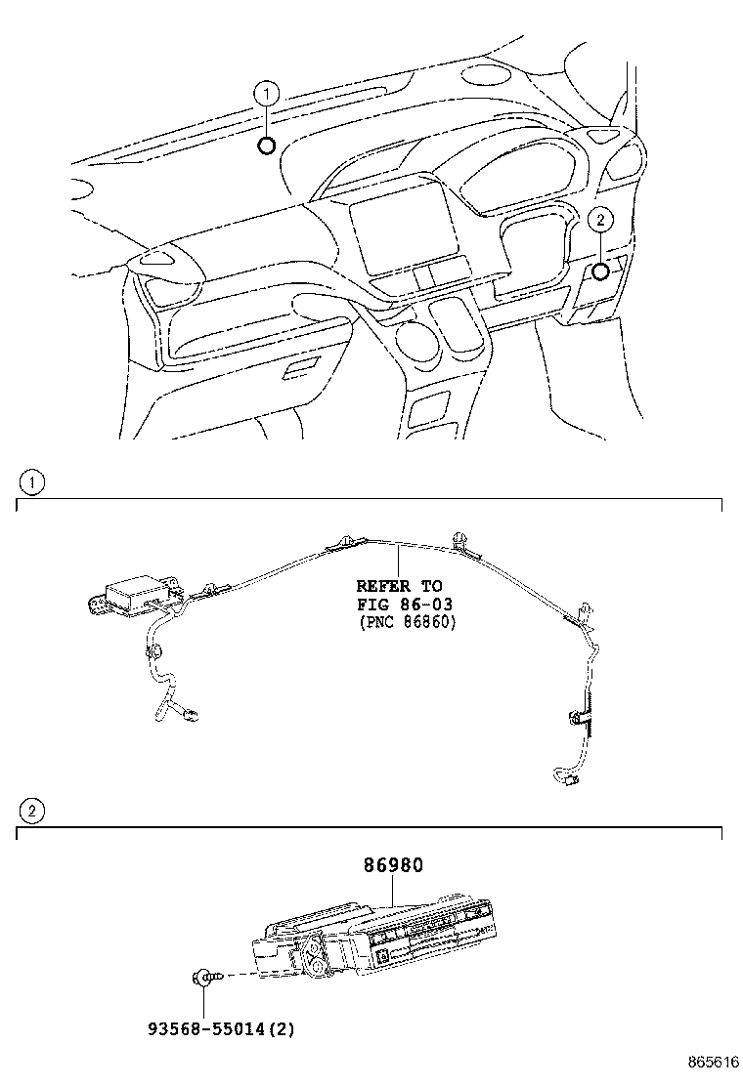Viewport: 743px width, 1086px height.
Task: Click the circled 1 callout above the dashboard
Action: click(266, 95)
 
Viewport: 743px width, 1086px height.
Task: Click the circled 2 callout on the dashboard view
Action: click(601, 220)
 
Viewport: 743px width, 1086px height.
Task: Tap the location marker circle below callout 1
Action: click(266, 146)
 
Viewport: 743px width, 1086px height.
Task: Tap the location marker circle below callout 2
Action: click(601, 271)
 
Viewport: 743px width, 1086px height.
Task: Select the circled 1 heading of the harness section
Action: click(32, 481)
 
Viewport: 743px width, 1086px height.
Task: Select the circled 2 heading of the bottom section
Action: click(32, 810)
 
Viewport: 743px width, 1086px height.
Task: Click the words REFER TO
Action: click(397, 587)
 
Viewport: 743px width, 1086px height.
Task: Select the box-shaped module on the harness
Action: click(138, 594)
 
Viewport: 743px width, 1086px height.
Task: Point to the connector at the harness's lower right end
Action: click(564, 778)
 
